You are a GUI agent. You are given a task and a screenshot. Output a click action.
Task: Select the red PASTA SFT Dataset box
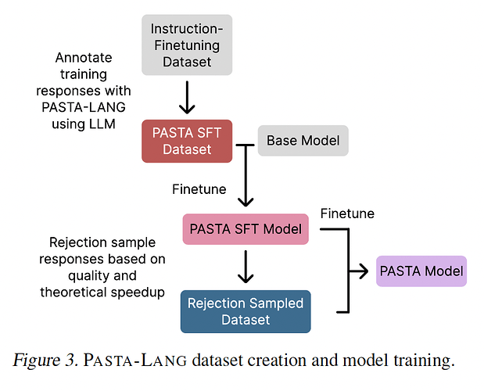[x=187, y=140]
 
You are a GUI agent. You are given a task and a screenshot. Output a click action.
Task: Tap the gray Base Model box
[x=303, y=141]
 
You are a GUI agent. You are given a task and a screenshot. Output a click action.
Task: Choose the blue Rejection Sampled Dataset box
[x=246, y=311]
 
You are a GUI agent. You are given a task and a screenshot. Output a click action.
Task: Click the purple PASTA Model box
[x=421, y=271]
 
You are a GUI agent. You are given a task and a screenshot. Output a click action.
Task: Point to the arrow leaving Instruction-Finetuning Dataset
[x=187, y=97]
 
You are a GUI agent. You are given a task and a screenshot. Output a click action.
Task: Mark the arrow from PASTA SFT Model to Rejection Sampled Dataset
[x=246, y=267]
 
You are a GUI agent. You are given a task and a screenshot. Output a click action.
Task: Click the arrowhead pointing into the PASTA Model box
[x=363, y=271]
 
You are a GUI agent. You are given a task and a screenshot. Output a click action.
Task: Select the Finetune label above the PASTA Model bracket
[x=347, y=213]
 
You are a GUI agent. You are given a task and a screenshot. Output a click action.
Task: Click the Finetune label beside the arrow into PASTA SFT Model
[x=199, y=188]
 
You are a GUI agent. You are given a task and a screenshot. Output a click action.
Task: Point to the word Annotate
[x=84, y=58]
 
